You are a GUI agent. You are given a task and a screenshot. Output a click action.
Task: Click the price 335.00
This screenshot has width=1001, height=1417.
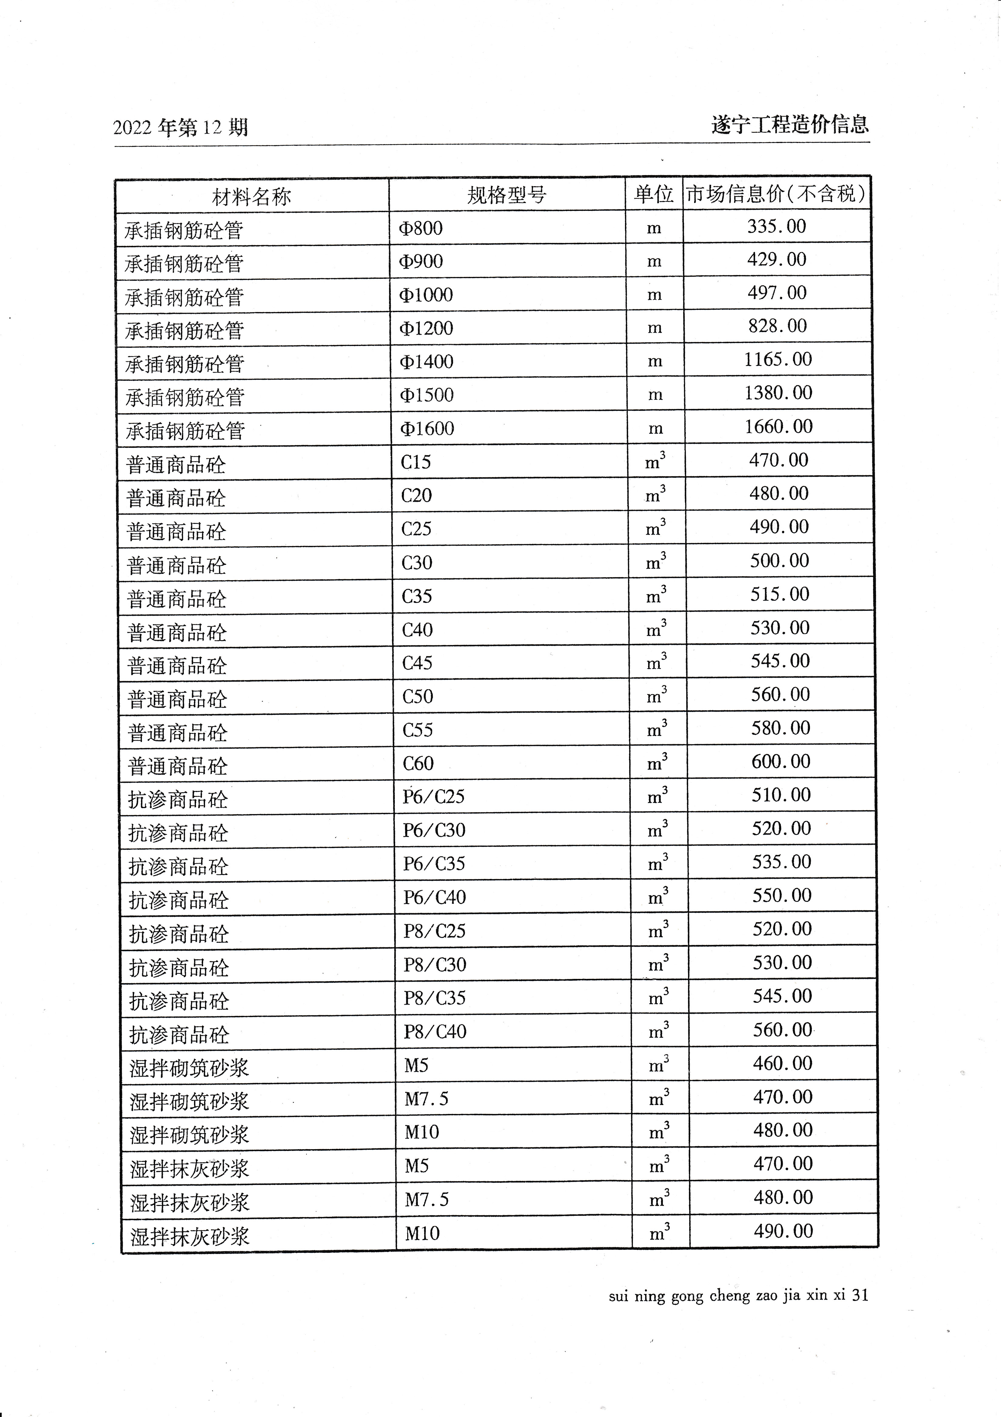pos(776,227)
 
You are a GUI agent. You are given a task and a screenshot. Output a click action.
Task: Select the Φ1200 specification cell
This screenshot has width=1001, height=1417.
pos(426,328)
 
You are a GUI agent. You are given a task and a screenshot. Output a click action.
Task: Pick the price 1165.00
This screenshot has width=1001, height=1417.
pos(778,359)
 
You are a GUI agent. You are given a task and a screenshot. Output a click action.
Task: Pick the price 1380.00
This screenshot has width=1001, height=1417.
pos(778,393)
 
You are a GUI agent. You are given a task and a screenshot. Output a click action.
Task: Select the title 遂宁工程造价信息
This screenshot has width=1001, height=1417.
pos(790,125)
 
